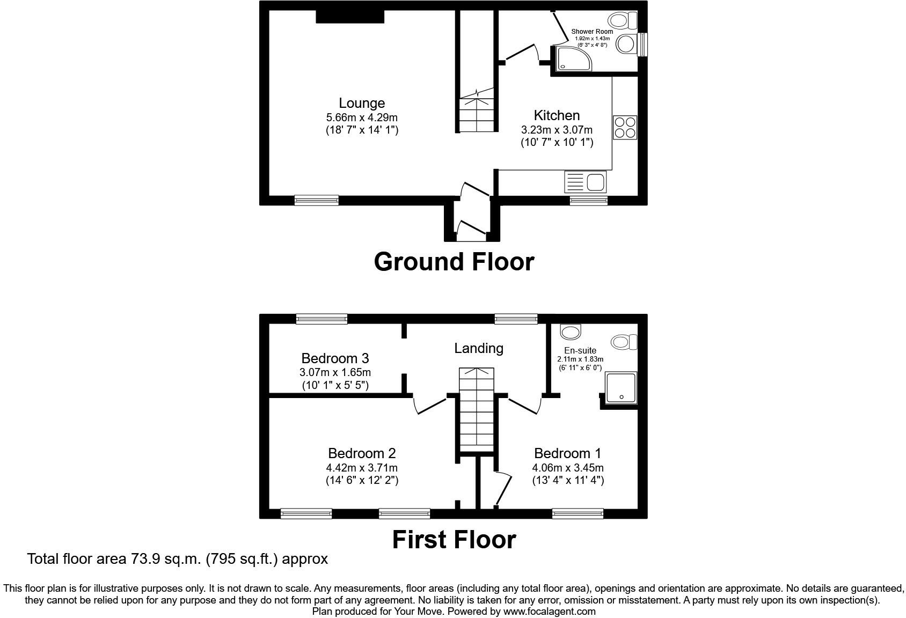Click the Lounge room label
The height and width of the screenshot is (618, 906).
tap(362, 103)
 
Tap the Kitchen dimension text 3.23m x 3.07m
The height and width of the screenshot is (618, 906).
tap(557, 130)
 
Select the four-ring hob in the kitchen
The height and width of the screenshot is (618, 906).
tap(625, 128)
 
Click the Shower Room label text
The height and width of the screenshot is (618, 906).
tap(592, 32)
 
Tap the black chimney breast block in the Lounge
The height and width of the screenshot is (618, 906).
tap(350, 16)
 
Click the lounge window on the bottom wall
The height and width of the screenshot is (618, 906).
tap(317, 200)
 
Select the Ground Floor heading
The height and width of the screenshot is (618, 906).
tap(454, 262)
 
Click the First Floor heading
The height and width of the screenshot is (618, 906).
tap(454, 539)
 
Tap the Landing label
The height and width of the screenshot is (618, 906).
tap(479, 348)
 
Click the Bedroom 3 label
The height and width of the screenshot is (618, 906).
tap(335, 358)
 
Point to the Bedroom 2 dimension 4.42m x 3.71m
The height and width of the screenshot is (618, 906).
tap(362, 468)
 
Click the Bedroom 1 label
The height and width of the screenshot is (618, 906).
tap(568, 453)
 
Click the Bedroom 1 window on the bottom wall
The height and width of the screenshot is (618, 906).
tap(578, 514)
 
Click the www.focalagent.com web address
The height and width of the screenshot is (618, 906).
tap(549, 611)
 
